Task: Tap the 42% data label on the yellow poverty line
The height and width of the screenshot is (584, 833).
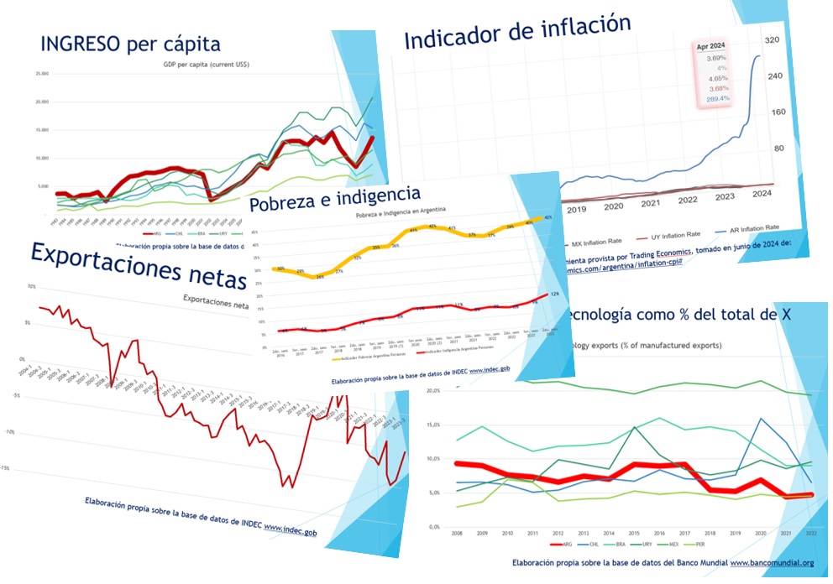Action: [547, 217]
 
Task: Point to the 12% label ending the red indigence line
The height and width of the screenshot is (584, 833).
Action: [554, 295]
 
